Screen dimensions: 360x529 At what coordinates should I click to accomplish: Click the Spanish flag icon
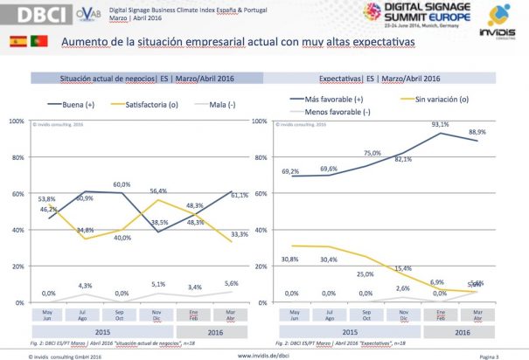17,41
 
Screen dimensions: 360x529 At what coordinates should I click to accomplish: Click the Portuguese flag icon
38,41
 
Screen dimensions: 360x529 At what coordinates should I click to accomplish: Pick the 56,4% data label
158,191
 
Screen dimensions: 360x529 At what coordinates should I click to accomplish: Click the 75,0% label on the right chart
372,153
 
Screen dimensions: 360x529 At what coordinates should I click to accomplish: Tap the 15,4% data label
403,267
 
